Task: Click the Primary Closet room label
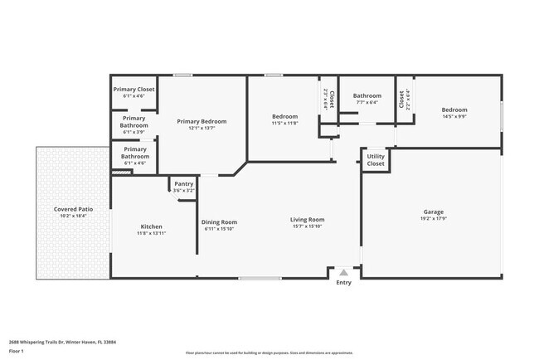click(x=134, y=89)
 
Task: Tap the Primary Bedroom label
click(x=202, y=121)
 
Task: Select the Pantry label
click(x=183, y=184)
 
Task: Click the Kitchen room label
click(x=151, y=226)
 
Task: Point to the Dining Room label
click(x=220, y=221)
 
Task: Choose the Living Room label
click(x=307, y=220)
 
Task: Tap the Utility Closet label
click(x=376, y=159)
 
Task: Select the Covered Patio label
click(x=73, y=209)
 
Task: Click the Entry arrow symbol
click(x=343, y=272)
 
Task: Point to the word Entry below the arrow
click(x=343, y=283)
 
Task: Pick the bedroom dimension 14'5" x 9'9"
click(x=454, y=117)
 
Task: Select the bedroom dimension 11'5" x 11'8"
click(x=284, y=124)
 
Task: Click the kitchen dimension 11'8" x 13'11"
click(x=151, y=233)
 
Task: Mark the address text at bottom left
click(x=62, y=341)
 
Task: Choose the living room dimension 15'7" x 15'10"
click(x=307, y=226)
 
